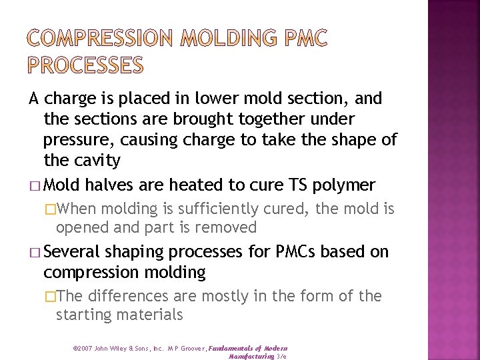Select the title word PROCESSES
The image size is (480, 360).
tap(85, 65)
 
